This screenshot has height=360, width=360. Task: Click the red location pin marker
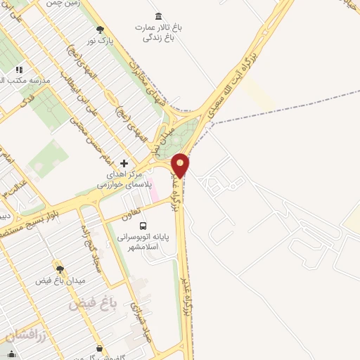click(x=181, y=165)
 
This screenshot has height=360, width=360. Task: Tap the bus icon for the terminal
click(x=143, y=226)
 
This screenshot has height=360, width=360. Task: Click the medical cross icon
click(x=124, y=162)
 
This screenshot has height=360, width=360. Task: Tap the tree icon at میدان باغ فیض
click(x=60, y=268)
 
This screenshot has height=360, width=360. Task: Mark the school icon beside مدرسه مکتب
click(x=19, y=70)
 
